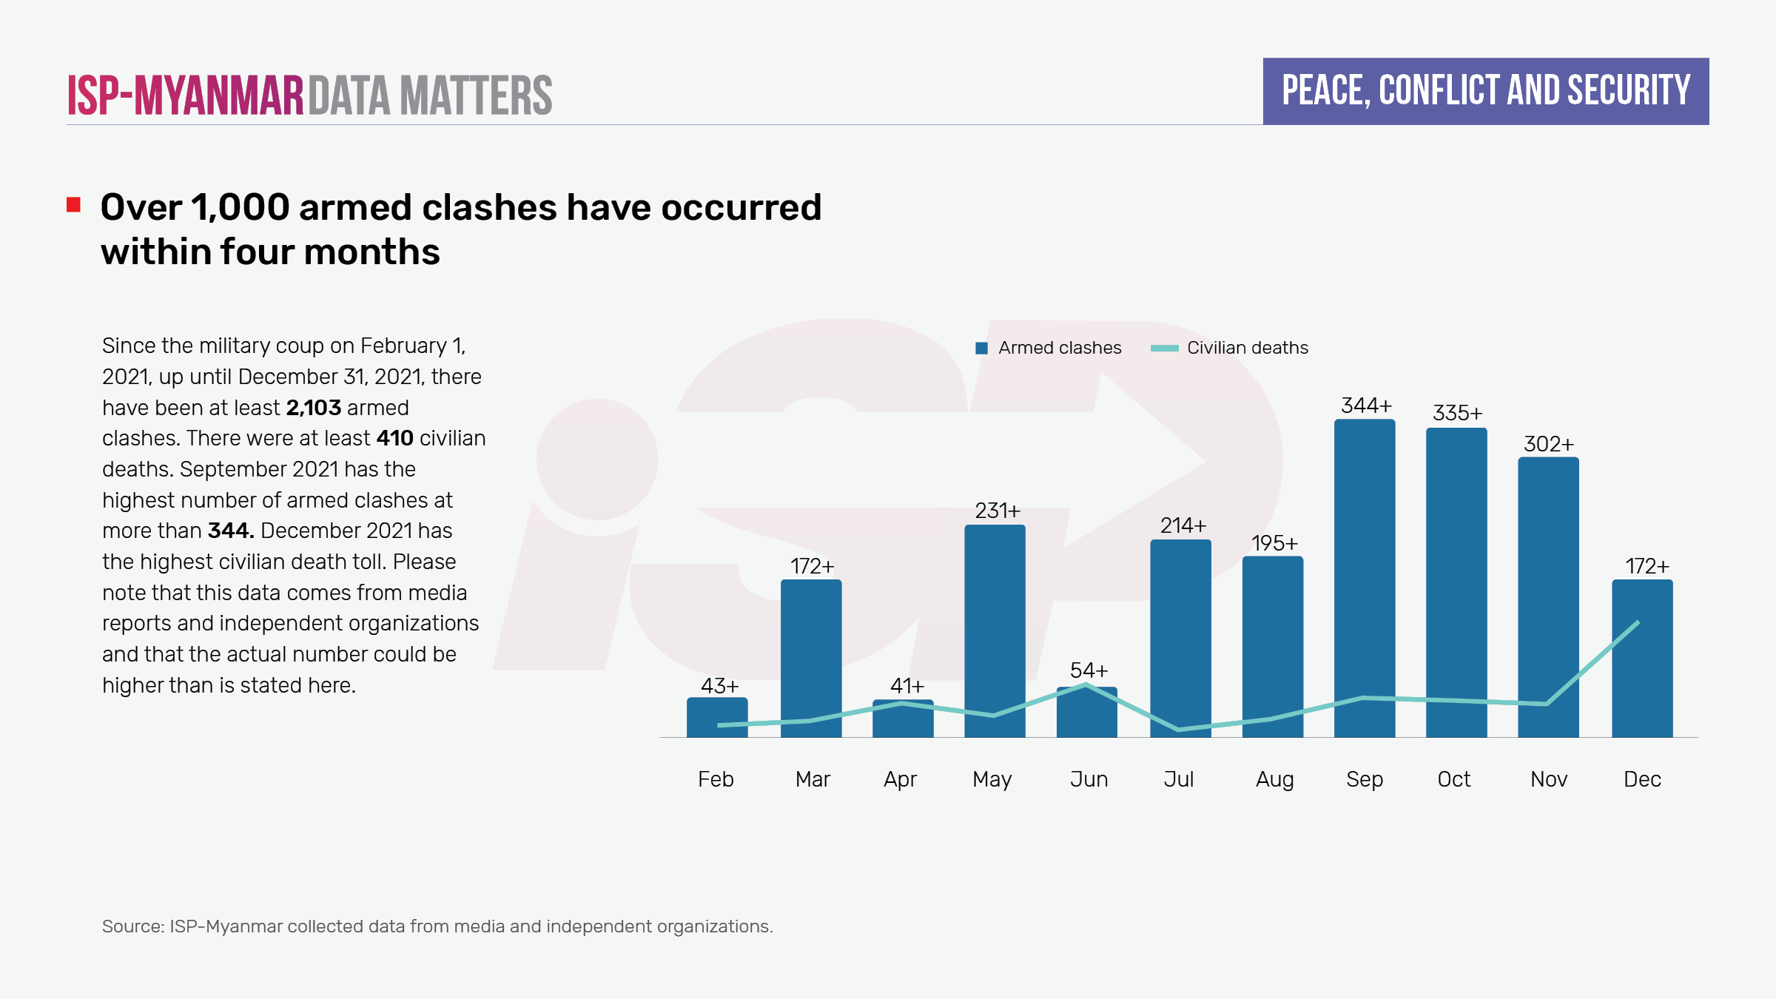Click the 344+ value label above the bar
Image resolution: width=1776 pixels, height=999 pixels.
click(1366, 406)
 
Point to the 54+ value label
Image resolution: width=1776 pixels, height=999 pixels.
click(1089, 670)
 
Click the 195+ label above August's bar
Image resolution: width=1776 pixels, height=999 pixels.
click(1274, 543)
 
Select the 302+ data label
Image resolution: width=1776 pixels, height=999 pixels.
click(1548, 444)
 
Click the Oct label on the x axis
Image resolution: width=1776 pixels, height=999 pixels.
click(1453, 779)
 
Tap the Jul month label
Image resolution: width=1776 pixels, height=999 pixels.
click(1178, 779)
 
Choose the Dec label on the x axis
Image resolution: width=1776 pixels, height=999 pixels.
click(1642, 779)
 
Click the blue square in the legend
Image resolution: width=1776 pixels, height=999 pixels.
click(982, 349)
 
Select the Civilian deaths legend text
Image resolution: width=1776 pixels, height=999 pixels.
click(1247, 348)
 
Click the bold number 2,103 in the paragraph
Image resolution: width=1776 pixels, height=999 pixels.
click(314, 408)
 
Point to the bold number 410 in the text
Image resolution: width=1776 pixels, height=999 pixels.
click(394, 438)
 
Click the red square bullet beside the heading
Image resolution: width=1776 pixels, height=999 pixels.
click(73, 205)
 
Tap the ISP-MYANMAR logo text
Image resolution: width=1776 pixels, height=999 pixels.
click(185, 96)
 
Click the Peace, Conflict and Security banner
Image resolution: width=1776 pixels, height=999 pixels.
click(1485, 91)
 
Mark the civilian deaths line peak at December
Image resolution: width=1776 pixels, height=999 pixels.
click(1638, 622)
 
